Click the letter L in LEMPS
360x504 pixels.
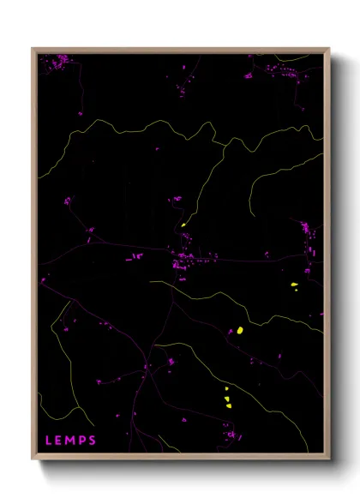(48, 441)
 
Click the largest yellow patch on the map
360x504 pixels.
(240, 330)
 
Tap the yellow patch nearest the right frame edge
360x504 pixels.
(293, 285)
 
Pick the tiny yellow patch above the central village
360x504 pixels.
(183, 225)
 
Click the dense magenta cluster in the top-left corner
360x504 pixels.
(60, 61)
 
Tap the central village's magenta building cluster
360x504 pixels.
(185, 259)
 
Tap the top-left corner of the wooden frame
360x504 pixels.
(33, 48)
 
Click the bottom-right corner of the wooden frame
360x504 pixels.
(329, 459)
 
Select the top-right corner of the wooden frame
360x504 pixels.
(329, 48)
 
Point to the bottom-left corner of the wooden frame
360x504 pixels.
(33, 459)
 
